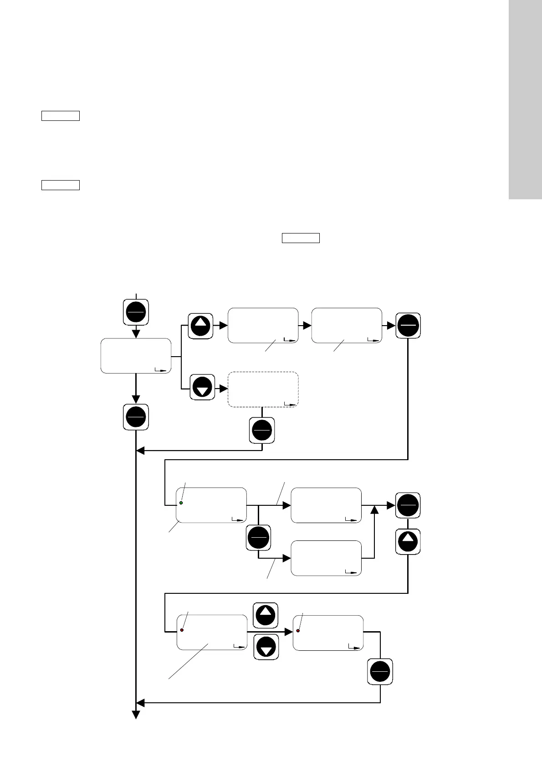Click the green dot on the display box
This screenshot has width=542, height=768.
point(181,503)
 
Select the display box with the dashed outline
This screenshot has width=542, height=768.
point(263,389)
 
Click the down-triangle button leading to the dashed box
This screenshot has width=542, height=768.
point(202,388)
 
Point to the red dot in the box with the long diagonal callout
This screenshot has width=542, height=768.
point(182,630)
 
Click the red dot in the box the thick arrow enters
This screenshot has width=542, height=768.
point(298,631)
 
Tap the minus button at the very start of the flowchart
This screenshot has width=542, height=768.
point(136,312)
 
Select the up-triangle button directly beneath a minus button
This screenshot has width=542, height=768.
point(408,542)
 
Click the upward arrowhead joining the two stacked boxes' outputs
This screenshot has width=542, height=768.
point(374,509)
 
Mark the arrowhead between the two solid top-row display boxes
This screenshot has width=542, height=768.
point(307,326)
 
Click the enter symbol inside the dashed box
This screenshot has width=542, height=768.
point(289,404)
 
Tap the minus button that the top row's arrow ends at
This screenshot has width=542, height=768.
point(408,326)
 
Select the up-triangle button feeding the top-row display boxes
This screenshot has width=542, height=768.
point(201,326)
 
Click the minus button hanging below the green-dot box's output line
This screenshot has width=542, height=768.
point(258,538)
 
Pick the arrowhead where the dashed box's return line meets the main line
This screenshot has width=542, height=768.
point(140,451)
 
